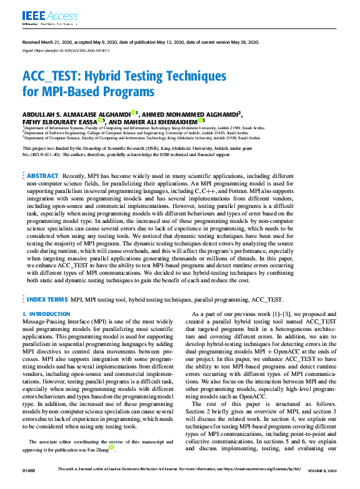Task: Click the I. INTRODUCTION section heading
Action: tap(46, 314)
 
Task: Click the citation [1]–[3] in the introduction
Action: tap(276, 314)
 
